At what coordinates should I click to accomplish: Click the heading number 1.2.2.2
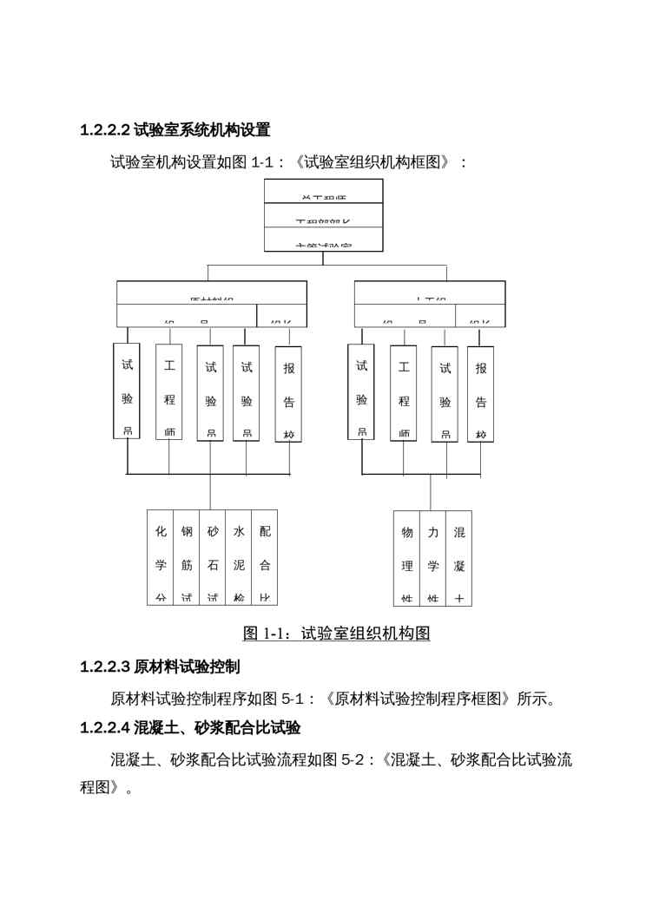(x=104, y=131)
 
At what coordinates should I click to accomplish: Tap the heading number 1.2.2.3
(x=104, y=667)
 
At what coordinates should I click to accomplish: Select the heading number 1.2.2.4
(x=104, y=727)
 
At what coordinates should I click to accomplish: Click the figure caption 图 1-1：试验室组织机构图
(x=336, y=634)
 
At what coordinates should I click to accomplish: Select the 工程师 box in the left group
(x=169, y=392)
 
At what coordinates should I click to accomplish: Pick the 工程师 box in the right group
(x=404, y=392)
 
